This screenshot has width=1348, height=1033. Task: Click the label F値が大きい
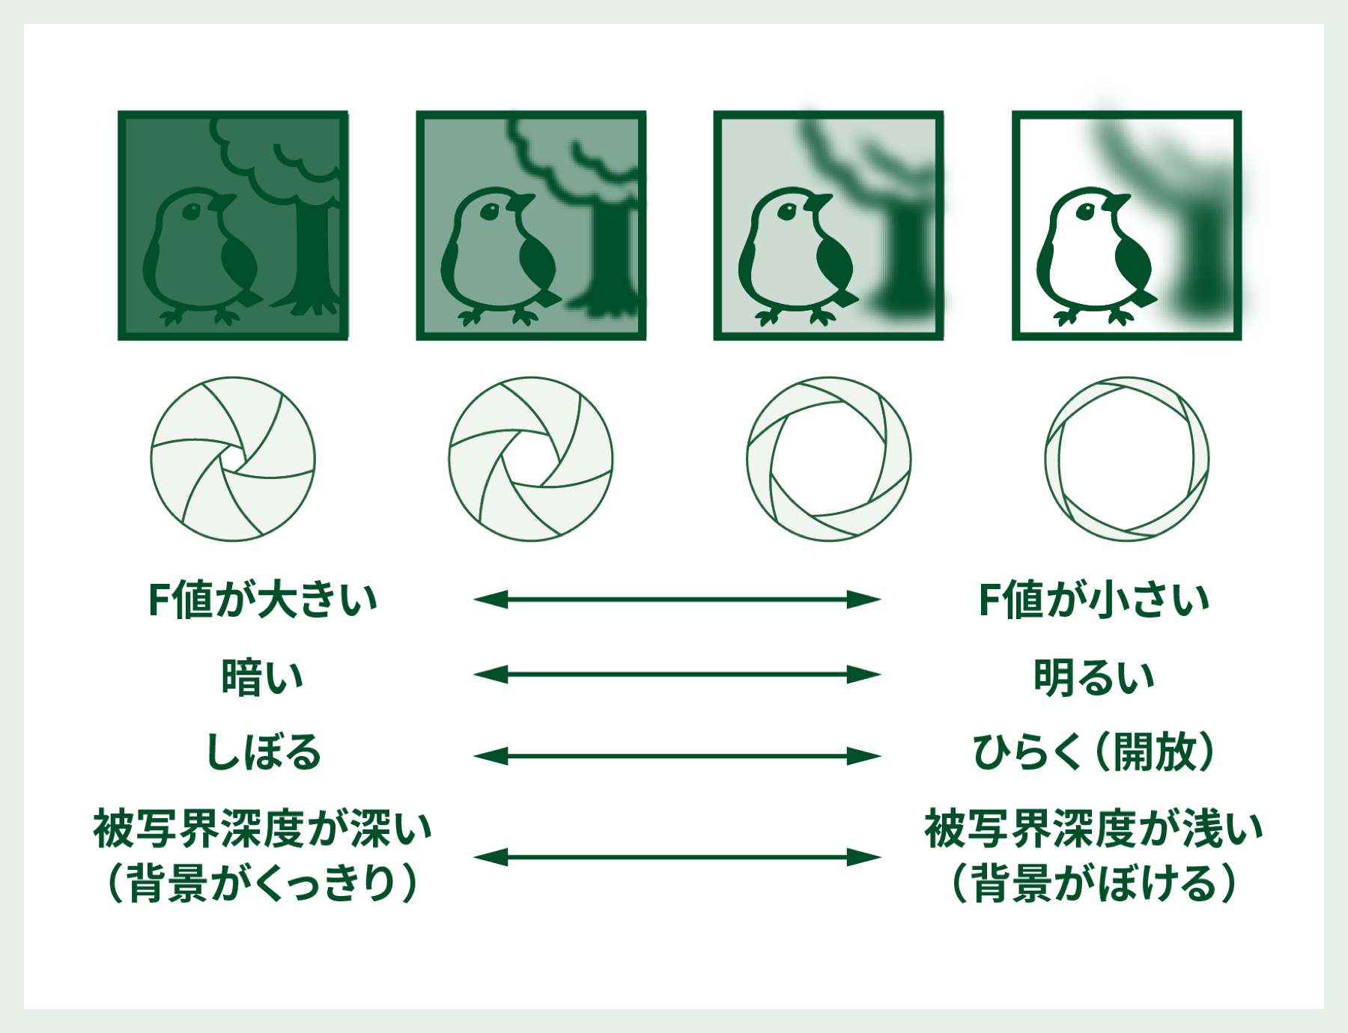click(x=263, y=600)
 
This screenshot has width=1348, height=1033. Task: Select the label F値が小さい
click(x=1094, y=600)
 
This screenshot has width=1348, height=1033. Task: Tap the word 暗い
click(x=262, y=677)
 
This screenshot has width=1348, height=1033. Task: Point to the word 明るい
click(x=1094, y=677)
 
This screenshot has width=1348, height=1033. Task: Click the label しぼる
click(x=264, y=752)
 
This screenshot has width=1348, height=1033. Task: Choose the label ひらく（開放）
click(x=1094, y=752)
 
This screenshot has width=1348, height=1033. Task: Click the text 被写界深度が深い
click(x=263, y=829)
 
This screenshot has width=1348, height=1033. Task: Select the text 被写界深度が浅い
click(x=1094, y=829)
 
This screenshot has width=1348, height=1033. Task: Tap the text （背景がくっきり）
click(x=263, y=883)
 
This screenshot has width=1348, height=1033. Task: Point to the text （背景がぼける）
click(x=1094, y=883)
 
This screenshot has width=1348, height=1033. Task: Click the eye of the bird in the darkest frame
click(x=191, y=212)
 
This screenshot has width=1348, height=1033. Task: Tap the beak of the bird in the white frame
click(x=1118, y=202)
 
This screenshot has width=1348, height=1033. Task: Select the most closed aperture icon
click(x=233, y=459)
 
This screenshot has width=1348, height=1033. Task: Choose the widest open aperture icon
click(x=1127, y=459)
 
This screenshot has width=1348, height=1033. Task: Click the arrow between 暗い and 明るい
click(x=677, y=674)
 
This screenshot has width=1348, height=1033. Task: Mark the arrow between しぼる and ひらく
click(x=677, y=756)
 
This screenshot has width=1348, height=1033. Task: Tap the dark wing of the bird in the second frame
click(x=537, y=262)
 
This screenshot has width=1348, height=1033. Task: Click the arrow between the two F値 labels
click(x=677, y=600)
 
